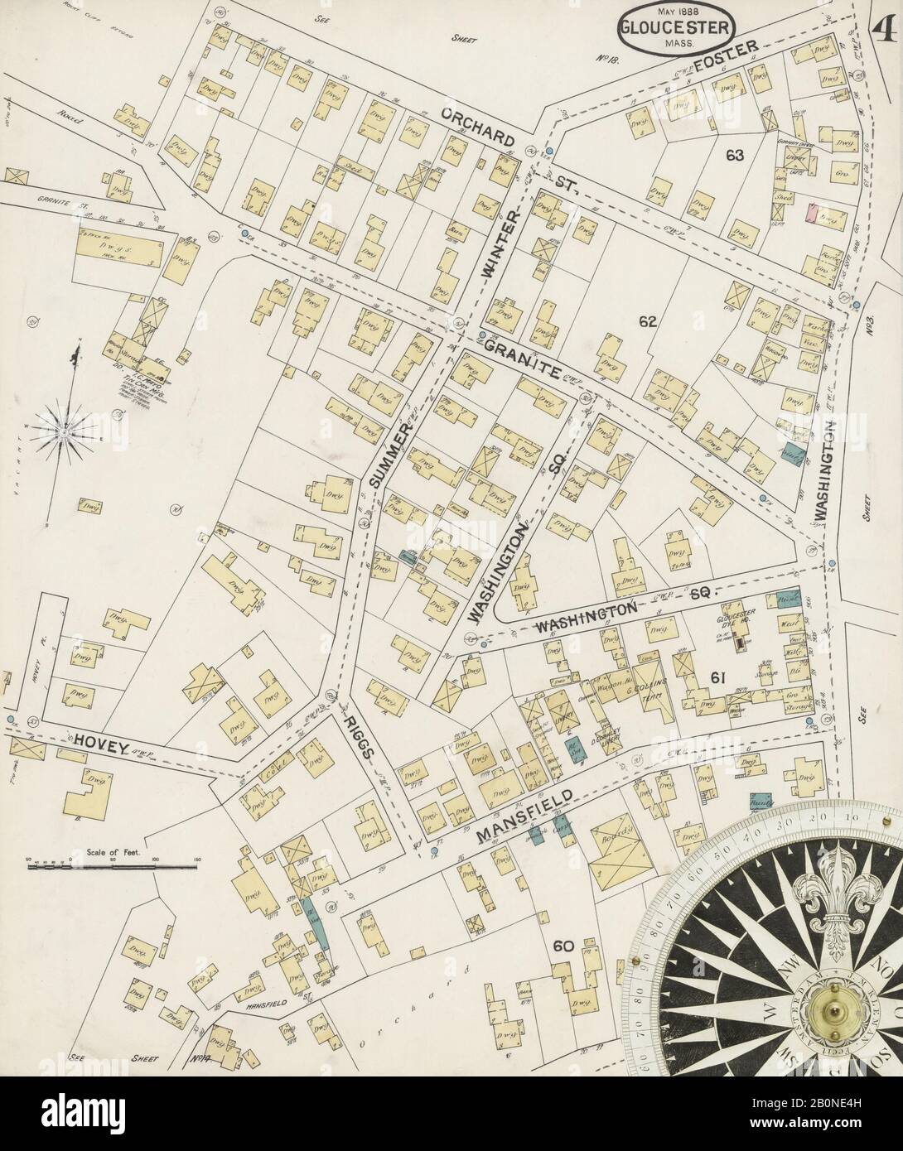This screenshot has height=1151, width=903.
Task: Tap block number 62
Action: tap(647, 321)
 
